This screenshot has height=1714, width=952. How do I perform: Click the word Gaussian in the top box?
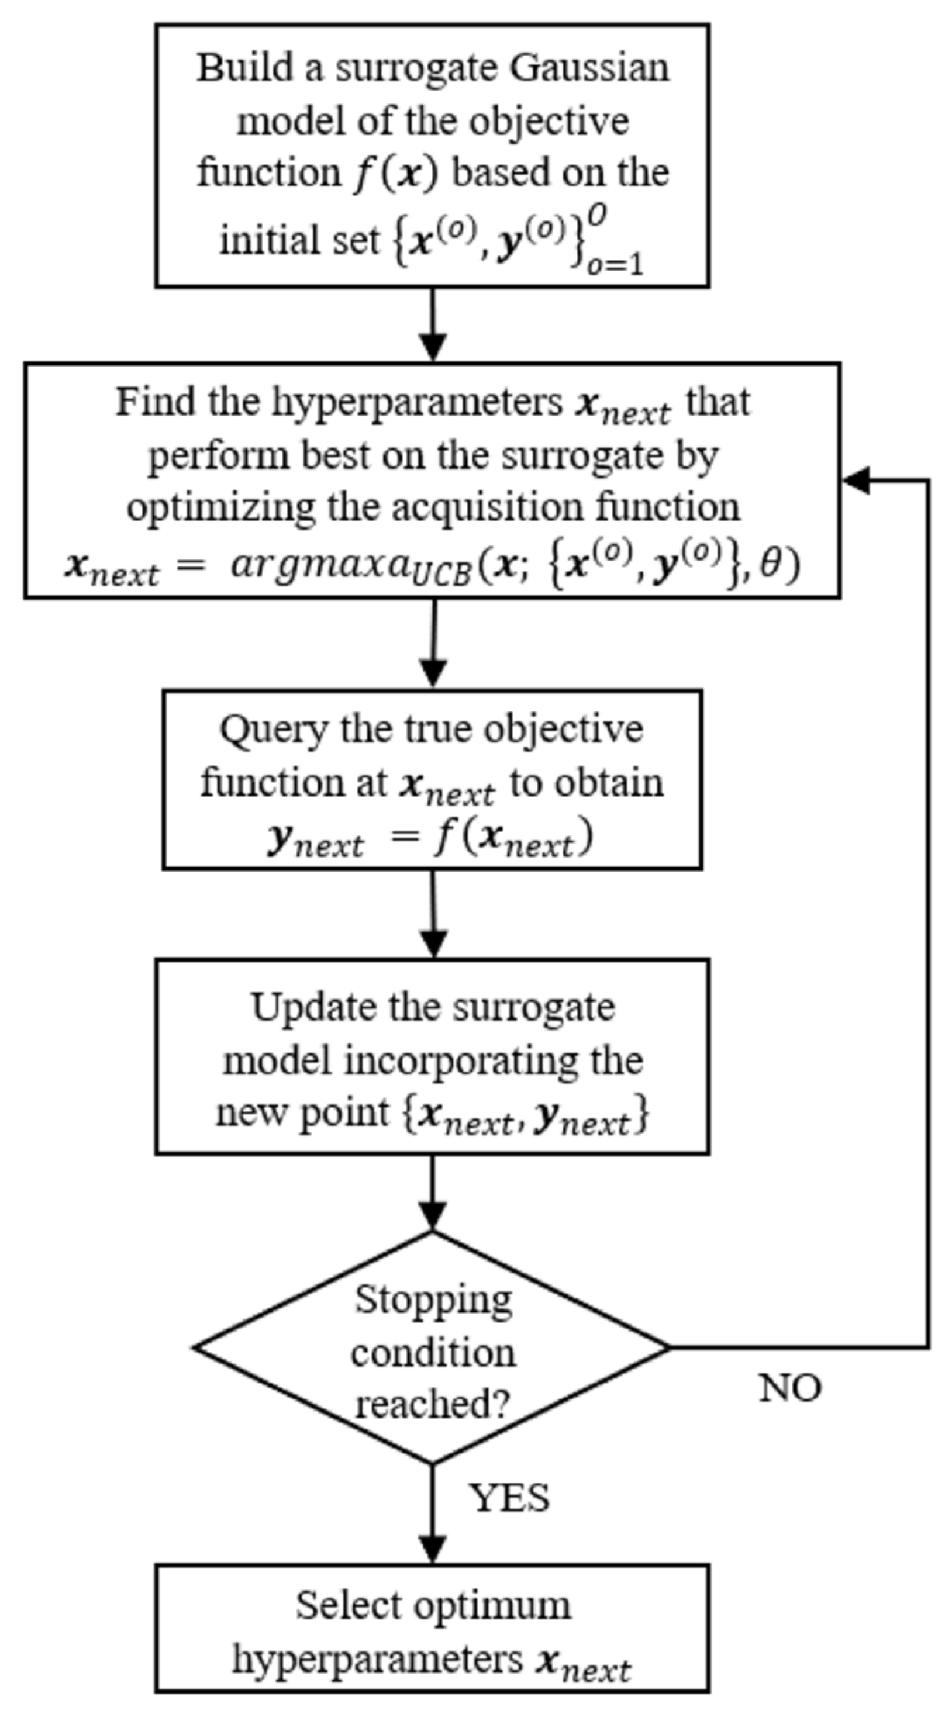point(589,68)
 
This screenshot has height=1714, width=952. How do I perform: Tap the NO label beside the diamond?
point(790,1388)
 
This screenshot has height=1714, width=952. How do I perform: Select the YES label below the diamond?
point(509,1498)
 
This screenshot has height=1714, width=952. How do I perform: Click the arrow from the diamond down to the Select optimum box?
point(433,1513)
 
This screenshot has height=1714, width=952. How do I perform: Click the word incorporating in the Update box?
point(460,1060)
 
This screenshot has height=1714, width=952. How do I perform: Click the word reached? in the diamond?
point(433,1405)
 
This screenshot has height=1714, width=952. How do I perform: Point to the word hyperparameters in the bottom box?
point(377,1659)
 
